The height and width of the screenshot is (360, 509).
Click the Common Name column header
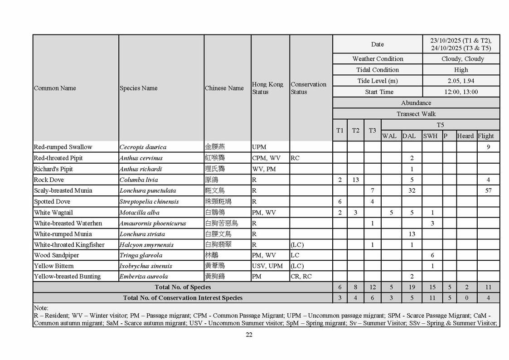[x=55, y=88]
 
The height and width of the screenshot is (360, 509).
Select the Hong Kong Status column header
[x=267, y=88]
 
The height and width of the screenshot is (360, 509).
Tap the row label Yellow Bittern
[x=53, y=266]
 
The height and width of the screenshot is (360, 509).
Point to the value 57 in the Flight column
[x=488, y=190]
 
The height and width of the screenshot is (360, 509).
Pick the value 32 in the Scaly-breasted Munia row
[x=412, y=190]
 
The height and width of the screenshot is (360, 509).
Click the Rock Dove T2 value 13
[x=355, y=180]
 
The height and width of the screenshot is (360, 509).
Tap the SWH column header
[x=430, y=136]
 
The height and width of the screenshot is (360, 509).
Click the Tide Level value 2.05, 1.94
[x=461, y=81]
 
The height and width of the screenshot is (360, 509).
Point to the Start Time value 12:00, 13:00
[x=461, y=92]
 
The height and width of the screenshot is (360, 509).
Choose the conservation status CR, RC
[x=301, y=276]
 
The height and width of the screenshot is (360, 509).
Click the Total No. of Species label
[x=183, y=287]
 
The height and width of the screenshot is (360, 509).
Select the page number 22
[x=249, y=335]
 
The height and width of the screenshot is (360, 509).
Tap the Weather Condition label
[x=378, y=59]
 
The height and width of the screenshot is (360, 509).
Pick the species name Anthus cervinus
[x=141, y=158]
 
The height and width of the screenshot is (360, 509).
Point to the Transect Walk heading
[x=416, y=114]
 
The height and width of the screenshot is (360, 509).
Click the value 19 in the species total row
[x=412, y=287]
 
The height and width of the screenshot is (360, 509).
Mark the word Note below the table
[x=41, y=307]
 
